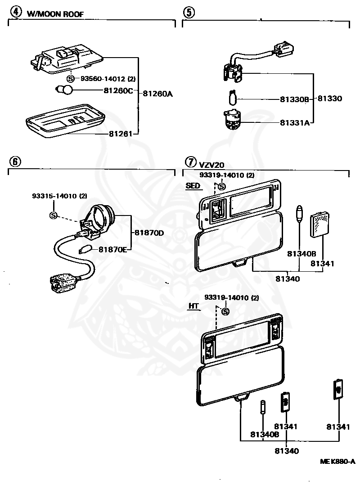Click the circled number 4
16,12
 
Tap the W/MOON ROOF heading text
55,14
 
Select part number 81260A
158,94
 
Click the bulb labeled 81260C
64,90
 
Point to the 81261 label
121,134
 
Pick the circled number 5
189,13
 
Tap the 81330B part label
294,99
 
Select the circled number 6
15,161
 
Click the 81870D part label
149,233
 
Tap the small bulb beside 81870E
86,249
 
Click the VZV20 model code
211,165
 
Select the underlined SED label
193,186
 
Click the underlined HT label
193,306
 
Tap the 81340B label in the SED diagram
301,254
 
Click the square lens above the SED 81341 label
319,224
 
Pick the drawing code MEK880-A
337,461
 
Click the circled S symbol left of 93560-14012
71,79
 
